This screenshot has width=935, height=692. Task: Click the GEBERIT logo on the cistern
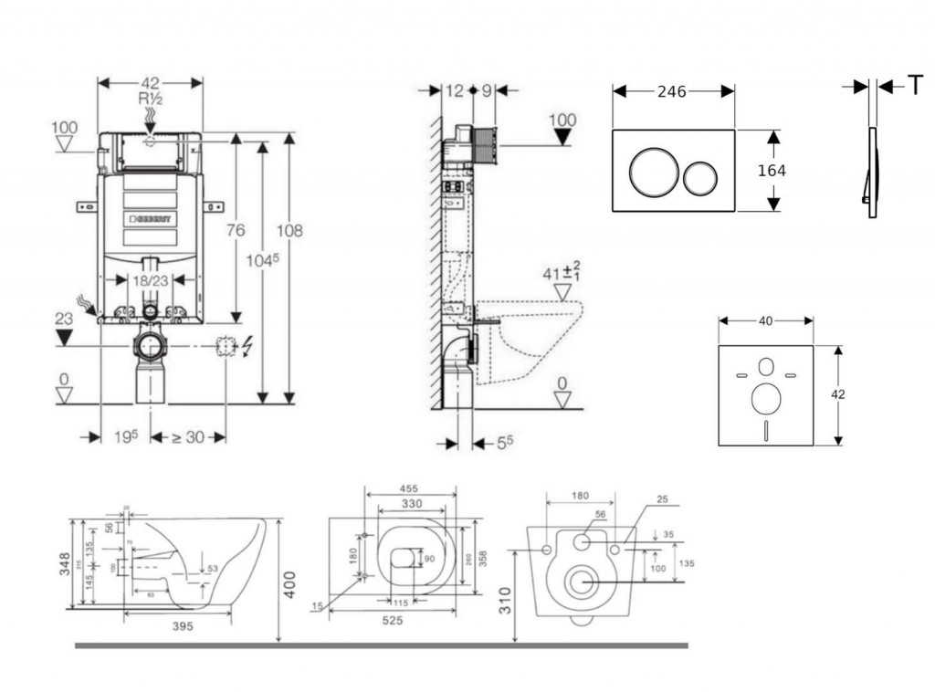click(152, 220)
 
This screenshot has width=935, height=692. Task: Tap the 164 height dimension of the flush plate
click(772, 171)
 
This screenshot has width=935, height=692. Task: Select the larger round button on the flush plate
click(651, 172)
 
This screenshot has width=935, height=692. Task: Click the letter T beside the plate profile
click(915, 87)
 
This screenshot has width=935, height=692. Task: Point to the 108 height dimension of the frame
click(290, 231)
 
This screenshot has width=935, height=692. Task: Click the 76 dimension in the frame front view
click(236, 231)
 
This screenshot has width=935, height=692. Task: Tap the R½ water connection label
click(151, 99)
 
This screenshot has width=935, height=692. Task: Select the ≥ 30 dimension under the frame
click(188, 437)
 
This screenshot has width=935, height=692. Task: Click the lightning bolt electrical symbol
click(248, 346)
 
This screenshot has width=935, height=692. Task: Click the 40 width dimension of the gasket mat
click(765, 320)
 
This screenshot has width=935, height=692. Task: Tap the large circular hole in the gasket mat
click(765, 398)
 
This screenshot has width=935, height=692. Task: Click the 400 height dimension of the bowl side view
click(289, 581)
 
